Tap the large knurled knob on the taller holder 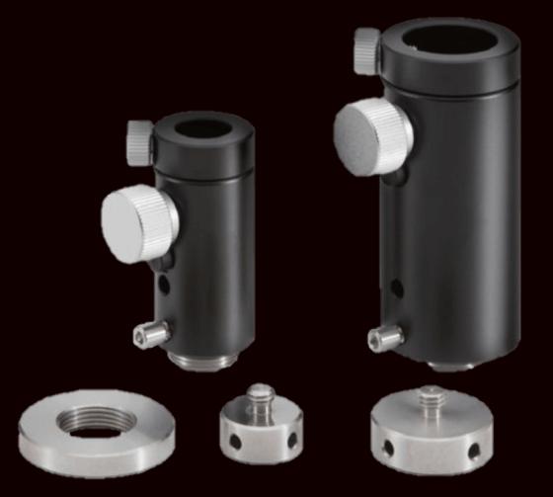click(372, 136)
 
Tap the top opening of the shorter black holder click(203, 128)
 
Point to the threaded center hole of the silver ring click(96, 421)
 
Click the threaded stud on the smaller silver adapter click(258, 394)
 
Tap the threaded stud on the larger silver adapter click(432, 397)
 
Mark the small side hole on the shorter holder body click(164, 287)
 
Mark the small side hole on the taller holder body click(397, 289)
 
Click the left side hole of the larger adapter click(390, 447)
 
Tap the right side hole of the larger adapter click(474, 451)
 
